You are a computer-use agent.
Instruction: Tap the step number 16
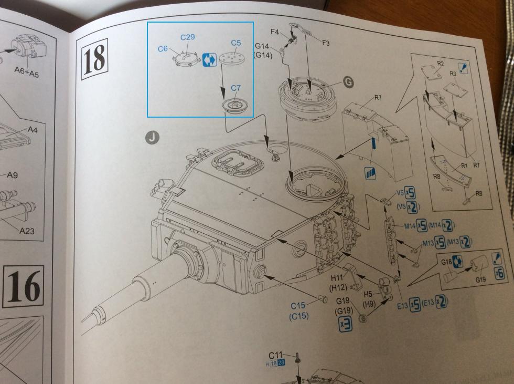tap(25, 286)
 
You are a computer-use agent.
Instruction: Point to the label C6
tap(163, 49)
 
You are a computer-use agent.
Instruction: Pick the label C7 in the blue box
tap(236, 89)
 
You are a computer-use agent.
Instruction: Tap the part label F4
tap(275, 32)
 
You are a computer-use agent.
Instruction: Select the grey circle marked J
tap(152, 137)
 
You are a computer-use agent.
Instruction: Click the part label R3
tap(454, 75)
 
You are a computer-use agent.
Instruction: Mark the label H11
tap(336, 277)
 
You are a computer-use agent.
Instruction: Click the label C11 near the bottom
tap(276, 356)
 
